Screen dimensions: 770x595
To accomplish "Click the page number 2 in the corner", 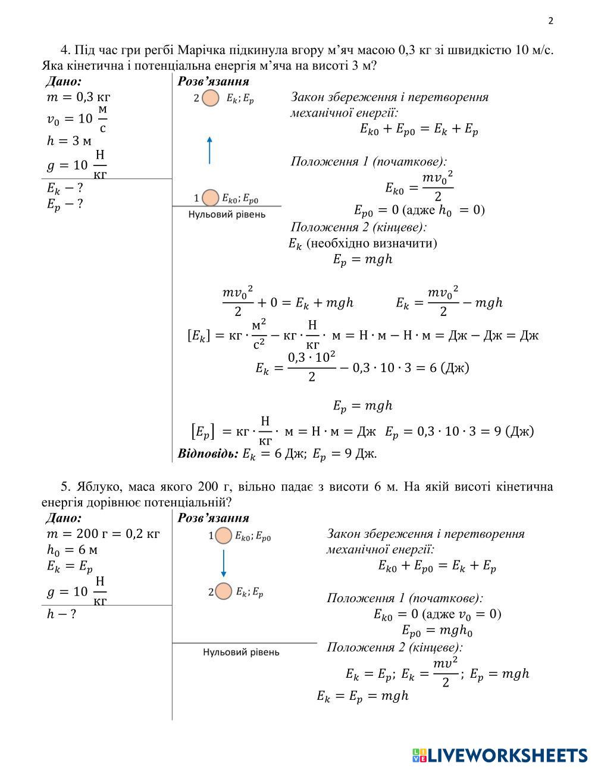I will (550, 21).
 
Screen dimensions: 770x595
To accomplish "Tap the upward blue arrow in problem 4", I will (209, 150).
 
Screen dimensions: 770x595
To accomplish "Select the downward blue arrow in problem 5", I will (223, 563).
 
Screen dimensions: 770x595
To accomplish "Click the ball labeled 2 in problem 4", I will (211, 98).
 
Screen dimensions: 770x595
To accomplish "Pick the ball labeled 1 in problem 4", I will (210, 198).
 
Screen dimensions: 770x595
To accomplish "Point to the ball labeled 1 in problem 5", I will (224, 536).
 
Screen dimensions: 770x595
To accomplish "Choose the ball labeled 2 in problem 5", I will (223, 591).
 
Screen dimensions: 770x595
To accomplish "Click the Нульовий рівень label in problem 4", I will (227, 214).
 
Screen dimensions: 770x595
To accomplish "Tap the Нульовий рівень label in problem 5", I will (241, 652).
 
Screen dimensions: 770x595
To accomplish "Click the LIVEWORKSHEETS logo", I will (499, 755).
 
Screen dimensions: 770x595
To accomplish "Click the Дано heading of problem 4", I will (64, 82).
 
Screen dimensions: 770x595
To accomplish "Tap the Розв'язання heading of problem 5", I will (213, 518).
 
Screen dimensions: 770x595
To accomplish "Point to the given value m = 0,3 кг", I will (79, 96).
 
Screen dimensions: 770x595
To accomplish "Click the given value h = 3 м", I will (69, 141).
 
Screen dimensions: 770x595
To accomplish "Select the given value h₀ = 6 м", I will (72, 551).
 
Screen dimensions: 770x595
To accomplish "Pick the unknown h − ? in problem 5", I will (61, 614).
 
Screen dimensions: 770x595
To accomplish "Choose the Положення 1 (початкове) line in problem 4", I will (368, 161).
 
